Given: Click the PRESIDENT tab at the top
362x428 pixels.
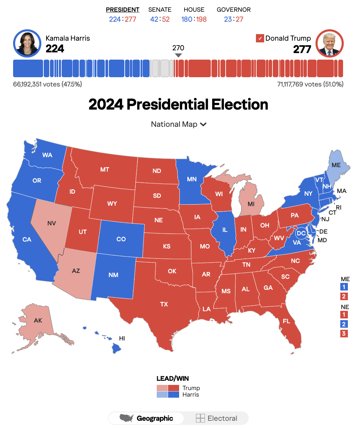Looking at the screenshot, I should [x=123, y=10].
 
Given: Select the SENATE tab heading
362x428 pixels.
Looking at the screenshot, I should [x=160, y=10].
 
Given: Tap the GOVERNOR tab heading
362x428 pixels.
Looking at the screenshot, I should [x=234, y=10].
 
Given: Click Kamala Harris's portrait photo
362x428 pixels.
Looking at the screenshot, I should [x=27, y=43].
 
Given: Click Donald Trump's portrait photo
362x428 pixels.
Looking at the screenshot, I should [x=330, y=43].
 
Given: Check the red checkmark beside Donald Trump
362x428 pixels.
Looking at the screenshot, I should [x=260, y=38].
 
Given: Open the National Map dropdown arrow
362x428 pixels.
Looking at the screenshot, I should [x=203, y=124].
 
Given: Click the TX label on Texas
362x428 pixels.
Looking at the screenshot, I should [x=164, y=304].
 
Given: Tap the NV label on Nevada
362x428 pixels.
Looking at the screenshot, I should [x=52, y=223].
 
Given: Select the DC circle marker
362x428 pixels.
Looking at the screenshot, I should [x=301, y=233].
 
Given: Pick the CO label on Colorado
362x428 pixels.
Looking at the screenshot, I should [x=121, y=239].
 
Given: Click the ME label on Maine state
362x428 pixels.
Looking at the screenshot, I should [x=336, y=165].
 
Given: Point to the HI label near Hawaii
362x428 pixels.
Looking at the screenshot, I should [x=122, y=338].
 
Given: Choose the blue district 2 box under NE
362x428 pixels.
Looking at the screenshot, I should [x=344, y=324].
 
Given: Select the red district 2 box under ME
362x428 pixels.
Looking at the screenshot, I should [x=344, y=296].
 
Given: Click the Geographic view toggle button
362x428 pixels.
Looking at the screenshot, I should [x=146, y=418].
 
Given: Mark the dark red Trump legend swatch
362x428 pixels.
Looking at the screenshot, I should [x=174, y=388].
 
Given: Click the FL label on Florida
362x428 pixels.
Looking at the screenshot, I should [x=287, y=321].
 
